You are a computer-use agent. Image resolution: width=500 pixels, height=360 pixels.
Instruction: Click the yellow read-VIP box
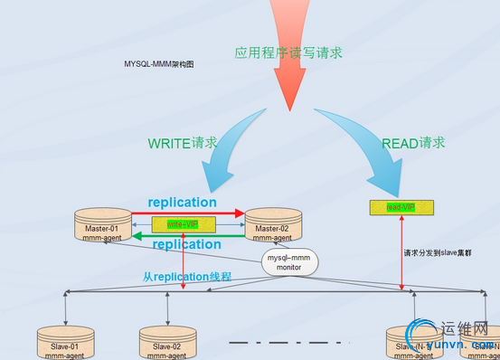click(401, 207)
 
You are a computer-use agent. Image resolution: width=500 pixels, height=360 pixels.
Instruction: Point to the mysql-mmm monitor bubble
click(288, 262)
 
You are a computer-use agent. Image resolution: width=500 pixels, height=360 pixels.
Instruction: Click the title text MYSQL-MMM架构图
click(159, 64)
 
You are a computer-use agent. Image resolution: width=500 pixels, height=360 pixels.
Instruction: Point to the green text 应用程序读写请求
click(288, 53)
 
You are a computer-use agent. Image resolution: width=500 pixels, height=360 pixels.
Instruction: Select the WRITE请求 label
click(182, 143)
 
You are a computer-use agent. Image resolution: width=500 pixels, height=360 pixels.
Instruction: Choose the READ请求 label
click(413, 143)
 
